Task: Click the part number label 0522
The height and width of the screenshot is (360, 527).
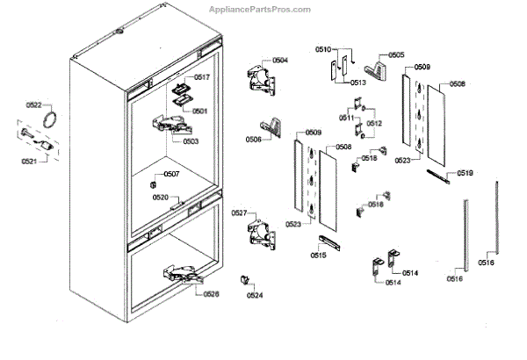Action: [33, 105]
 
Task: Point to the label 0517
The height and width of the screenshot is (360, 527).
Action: [203, 77]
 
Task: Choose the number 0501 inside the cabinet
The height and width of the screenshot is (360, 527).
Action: [199, 111]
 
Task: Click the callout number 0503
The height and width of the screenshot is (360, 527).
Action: [191, 140]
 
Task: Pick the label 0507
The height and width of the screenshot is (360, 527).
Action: [172, 174]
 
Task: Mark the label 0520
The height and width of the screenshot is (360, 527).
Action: [160, 197]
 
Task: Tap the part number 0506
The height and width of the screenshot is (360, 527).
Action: [253, 140]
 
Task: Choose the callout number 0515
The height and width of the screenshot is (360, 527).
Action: [318, 256]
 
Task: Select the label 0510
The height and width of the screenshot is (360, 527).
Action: [323, 50]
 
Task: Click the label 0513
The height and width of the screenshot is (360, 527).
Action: [357, 82]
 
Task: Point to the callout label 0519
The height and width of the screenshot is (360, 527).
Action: [465, 173]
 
